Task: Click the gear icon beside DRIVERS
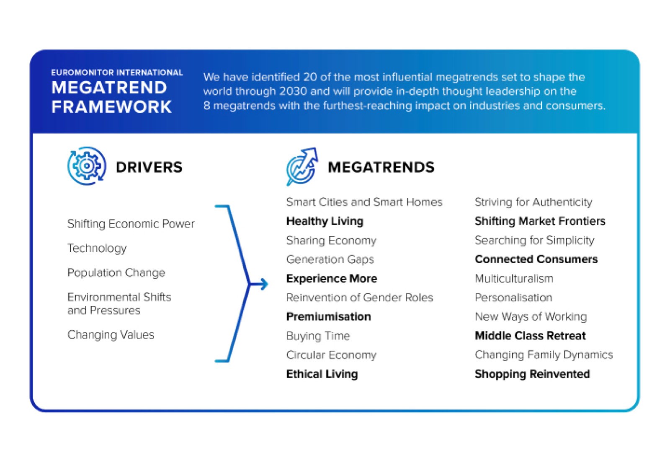point(87,166)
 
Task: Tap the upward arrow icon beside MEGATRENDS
point(302,166)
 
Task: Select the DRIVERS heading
point(149,167)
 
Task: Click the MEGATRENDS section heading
point(381,167)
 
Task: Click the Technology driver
point(97,249)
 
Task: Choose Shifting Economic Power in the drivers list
point(131,224)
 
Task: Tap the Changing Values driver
point(111,335)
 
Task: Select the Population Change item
point(116,273)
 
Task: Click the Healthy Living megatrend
point(325,221)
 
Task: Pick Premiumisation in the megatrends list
point(328,317)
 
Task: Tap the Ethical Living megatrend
point(322,374)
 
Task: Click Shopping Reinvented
point(532,374)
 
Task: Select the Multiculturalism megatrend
point(514,279)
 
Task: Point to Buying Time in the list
point(318,336)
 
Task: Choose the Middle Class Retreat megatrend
point(530,336)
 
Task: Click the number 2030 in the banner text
point(293,91)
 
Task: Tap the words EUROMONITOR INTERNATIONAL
point(117,73)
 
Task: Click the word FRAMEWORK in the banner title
point(111,107)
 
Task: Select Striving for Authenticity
point(533,202)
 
